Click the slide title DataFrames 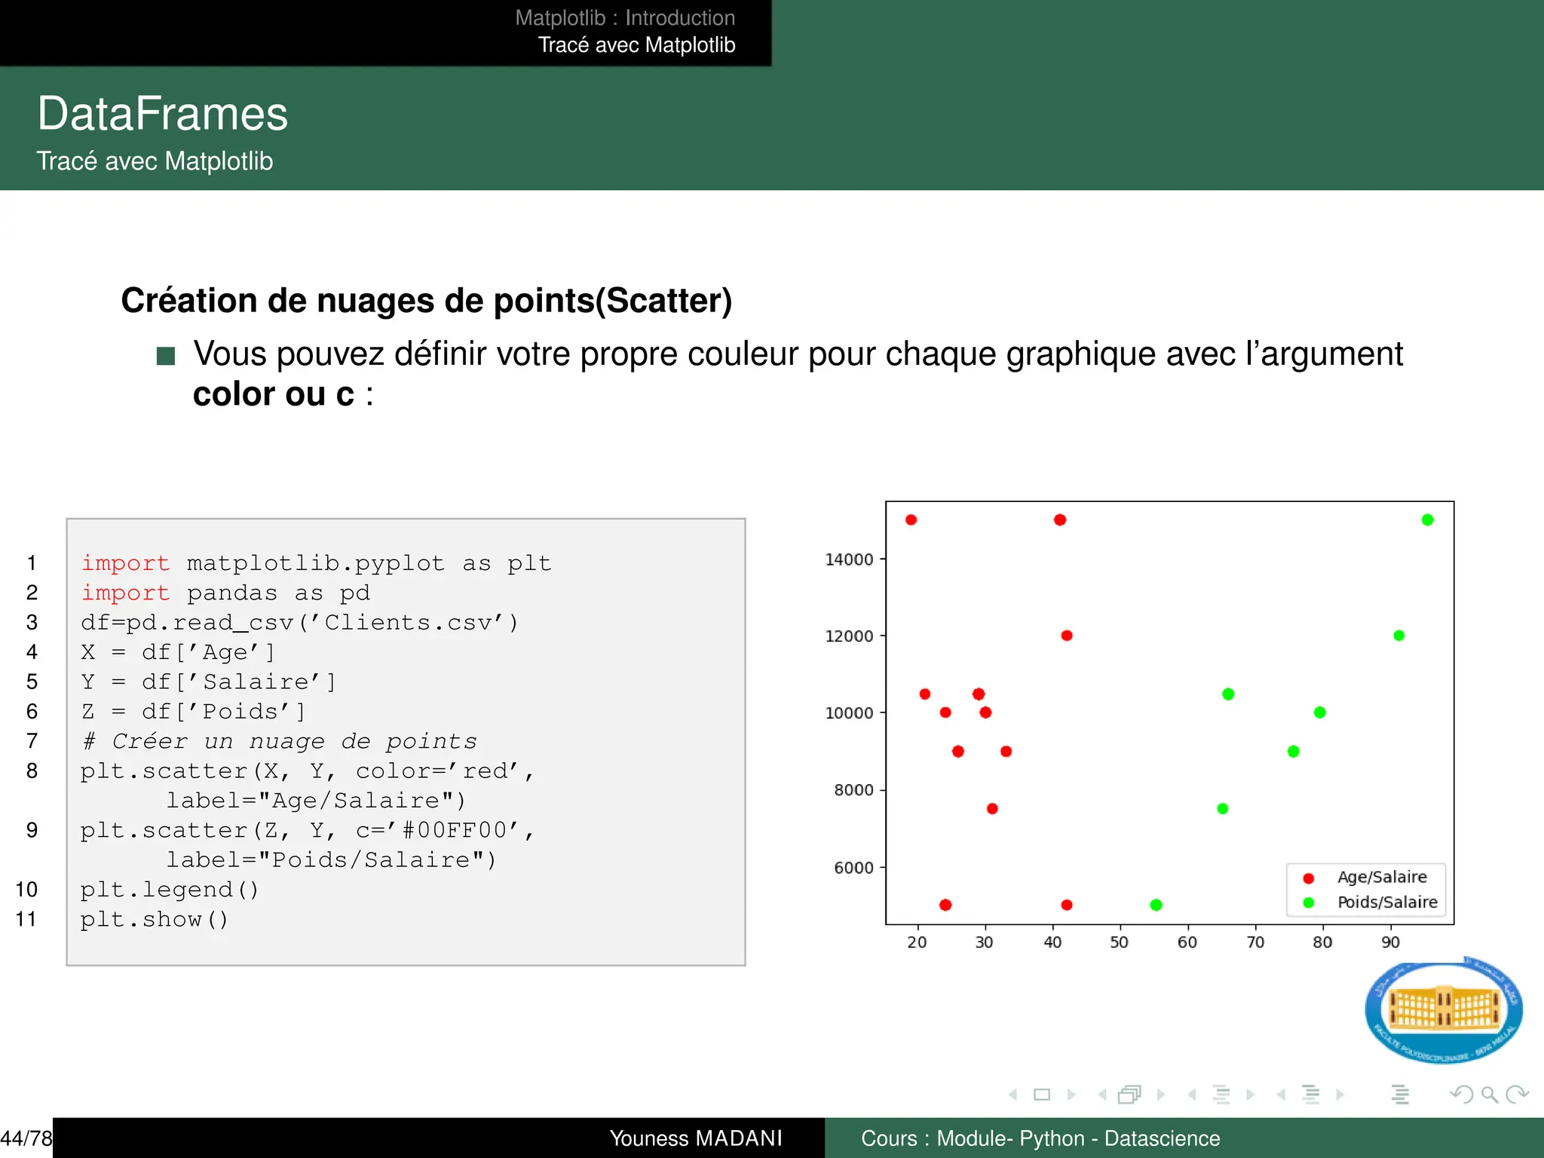[163, 115]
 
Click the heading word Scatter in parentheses [664, 301]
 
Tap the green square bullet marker [166, 356]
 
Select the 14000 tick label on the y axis [849, 560]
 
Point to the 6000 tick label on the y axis [853, 868]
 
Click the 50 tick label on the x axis [1120, 942]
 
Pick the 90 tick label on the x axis [1390, 942]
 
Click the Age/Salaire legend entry [1381, 878]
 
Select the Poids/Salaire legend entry [1386, 902]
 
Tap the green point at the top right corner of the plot [1427, 520]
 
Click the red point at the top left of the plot [911, 520]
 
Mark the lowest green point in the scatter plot [1156, 905]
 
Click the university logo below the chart [1443, 1010]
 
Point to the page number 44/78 [26, 1138]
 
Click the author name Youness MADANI [696, 1138]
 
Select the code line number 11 [26, 919]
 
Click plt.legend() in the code [170, 890]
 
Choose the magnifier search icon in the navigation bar [1489, 1094]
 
